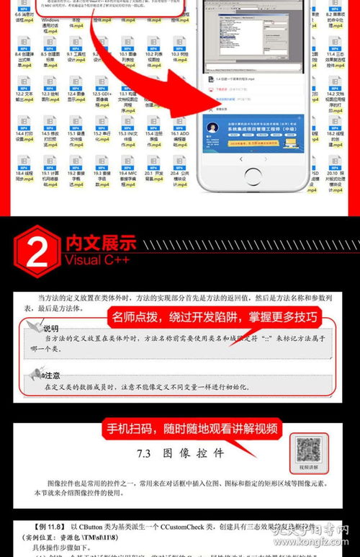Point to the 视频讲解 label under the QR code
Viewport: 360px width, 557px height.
click(309, 467)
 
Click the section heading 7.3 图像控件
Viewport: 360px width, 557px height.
click(180, 454)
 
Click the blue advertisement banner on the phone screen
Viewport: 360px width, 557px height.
click(253, 133)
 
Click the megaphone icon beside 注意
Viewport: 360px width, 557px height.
click(34, 374)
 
